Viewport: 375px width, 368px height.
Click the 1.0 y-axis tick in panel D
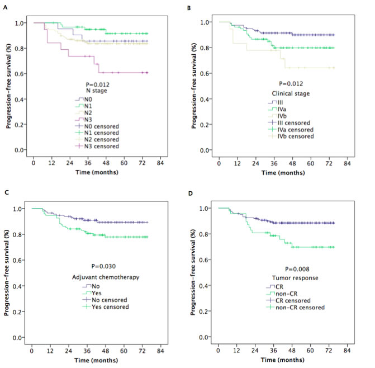[207, 208]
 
